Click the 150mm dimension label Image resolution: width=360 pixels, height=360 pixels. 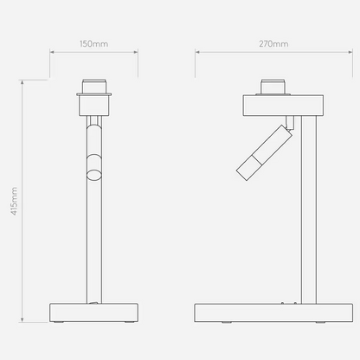pyautogui.click(x=93, y=44)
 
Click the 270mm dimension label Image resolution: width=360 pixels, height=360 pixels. pyautogui.click(x=273, y=44)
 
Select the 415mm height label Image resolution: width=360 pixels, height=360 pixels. pyautogui.click(x=14, y=201)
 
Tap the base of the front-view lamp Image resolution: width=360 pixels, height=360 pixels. pyautogui.click(x=93, y=312)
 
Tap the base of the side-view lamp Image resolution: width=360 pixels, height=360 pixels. pyautogui.click(x=273, y=312)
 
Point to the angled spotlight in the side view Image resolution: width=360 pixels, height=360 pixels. pyautogui.click(x=265, y=153)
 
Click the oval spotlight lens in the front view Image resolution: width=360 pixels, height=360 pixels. pyautogui.click(x=94, y=175)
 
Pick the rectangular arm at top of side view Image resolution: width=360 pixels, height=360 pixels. pyautogui.click(x=283, y=106)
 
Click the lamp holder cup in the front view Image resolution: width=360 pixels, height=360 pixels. pyautogui.click(x=94, y=105)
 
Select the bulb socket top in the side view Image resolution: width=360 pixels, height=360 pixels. pyautogui.click(x=273, y=87)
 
